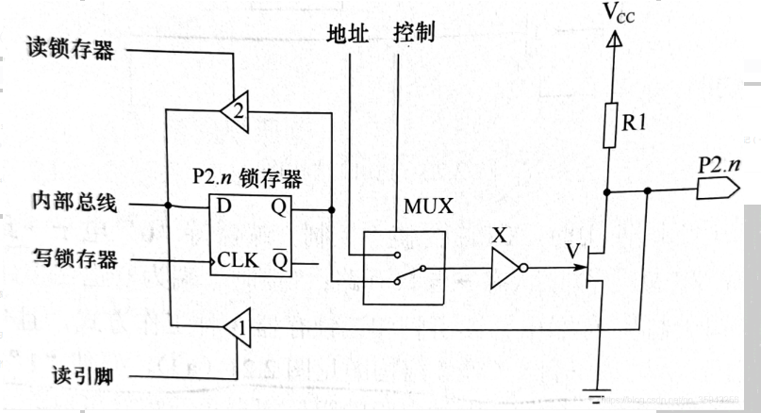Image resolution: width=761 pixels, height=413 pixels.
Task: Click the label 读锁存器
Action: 67,49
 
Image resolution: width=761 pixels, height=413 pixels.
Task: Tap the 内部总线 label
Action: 67,204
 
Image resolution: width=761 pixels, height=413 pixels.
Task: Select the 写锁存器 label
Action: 67,260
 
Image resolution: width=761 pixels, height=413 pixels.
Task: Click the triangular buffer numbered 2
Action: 236,110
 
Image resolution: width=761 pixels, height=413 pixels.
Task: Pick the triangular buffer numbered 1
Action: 237,328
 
